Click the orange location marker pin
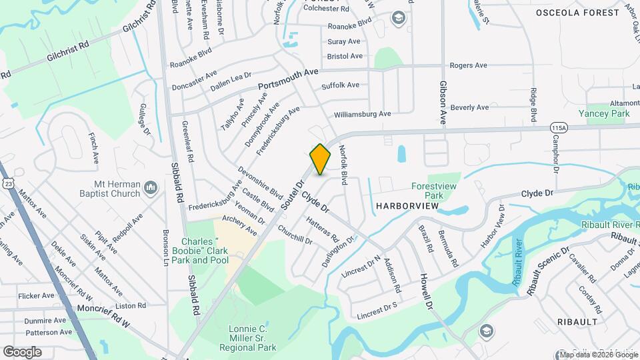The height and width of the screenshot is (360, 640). pyautogui.click(x=320, y=159)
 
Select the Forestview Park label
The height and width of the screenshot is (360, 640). pyautogui.click(x=427, y=191)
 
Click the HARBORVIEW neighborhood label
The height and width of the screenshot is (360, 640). pyautogui.click(x=407, y=206)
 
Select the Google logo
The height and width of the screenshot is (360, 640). pyautogui.click(x=22, y=351)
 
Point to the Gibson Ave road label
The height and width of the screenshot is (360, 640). pyautogui.click(x=442, y=103)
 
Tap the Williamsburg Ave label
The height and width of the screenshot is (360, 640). pyautogui.click(x=362, y=114)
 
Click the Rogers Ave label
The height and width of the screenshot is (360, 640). pyautogui.click(x=469, y=65)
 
